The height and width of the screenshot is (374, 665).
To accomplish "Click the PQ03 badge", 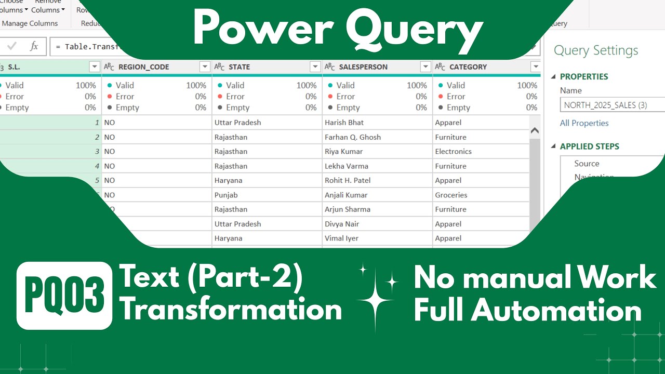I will [64, 296].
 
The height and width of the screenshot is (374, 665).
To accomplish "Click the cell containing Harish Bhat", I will [344, 123].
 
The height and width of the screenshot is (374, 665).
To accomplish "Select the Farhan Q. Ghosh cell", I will [352, 137].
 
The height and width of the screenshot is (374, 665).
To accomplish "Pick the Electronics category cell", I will [453, 152].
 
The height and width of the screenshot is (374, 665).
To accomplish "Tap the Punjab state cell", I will [225, 195].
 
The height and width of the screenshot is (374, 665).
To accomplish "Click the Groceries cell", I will [451, 195].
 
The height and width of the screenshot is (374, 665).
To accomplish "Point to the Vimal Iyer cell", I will [341, 238].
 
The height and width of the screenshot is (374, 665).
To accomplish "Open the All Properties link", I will [584, 123].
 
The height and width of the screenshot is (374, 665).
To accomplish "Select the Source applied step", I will [587, 164].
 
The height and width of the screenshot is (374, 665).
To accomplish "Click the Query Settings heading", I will [595, 50].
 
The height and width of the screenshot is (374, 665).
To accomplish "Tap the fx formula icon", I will [34, 46].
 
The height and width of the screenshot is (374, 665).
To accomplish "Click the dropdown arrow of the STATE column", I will [315, 67].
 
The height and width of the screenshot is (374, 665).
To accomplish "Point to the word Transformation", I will [231, 310].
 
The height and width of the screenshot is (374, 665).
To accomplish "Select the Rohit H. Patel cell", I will [347, 181].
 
